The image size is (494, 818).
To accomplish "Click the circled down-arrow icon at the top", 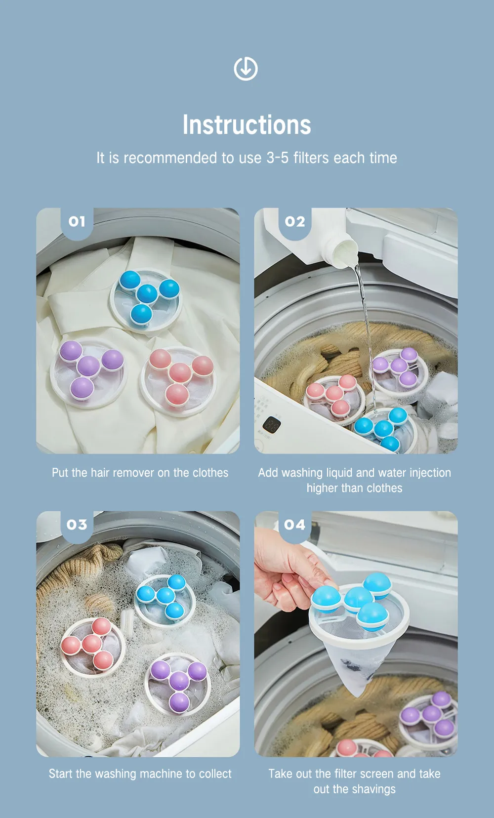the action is click(246, 68).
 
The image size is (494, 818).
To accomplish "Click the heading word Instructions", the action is click(247, 125).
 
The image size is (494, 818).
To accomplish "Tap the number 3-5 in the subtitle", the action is click(277, 158).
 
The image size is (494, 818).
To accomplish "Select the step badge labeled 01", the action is click(77, 221).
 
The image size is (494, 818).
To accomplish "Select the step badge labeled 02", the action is click(294, 221).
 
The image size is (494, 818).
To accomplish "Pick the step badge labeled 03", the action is click(77, 525).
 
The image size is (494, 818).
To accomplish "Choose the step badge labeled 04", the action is click(294, 525).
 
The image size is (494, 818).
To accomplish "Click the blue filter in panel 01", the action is click(146, 300).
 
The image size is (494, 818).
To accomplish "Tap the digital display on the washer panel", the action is click(272, 425).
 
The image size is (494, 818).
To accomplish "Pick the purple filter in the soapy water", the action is click(178, 685).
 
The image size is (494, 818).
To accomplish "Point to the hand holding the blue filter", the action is click(288, 570).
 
